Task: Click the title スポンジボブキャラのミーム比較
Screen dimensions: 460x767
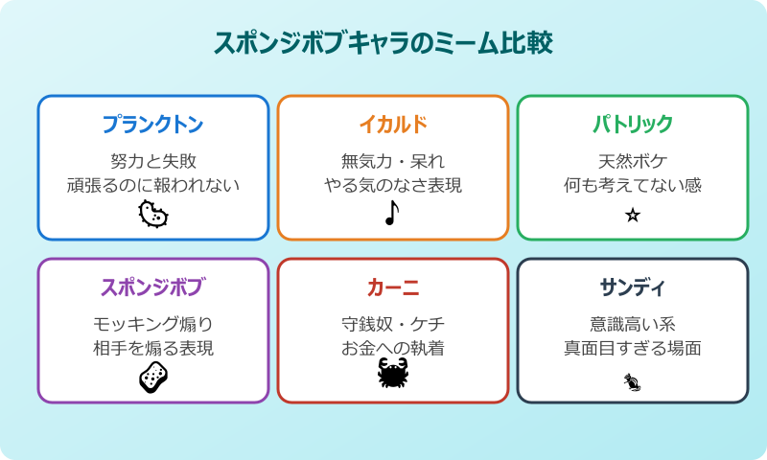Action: coord(383,43)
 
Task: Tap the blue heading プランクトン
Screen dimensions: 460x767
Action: coord(153,125)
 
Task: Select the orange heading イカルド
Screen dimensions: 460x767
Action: coord(393,125)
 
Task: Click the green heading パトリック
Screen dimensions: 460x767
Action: coord(632,125)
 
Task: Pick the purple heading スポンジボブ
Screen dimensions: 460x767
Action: coord(153,287)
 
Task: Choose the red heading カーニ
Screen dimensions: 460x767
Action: coord(393,287)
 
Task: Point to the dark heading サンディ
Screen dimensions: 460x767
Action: coord(632,287)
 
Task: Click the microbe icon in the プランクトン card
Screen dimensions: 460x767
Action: coord(153,215)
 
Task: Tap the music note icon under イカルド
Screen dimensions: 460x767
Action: coord(391,215)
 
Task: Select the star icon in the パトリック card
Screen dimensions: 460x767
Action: coord(632,216)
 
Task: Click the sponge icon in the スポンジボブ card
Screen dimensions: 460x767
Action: coord(153,378)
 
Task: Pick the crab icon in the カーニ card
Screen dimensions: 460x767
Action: coord(393,375)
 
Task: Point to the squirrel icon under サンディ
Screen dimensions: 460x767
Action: coord(632,384)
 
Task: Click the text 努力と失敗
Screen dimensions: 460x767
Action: coord(153,160)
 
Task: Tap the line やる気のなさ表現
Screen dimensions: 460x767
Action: coord(393,185)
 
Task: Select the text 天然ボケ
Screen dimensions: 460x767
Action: coord(632,160)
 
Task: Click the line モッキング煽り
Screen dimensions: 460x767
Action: coord(153,323)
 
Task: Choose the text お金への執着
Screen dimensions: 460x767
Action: coord(393,348)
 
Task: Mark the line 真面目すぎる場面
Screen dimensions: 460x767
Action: coord(632,348)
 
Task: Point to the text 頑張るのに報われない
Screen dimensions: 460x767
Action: coord(153,185)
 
